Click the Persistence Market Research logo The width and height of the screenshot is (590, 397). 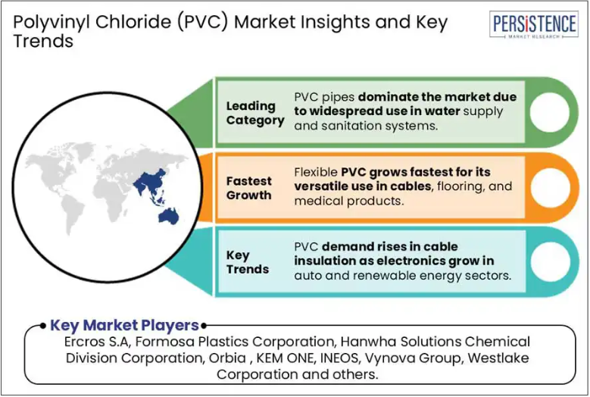[x=533, y=24]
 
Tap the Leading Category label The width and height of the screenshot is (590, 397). [x=255, y=113]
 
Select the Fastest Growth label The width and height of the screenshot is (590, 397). [x=248, y=188]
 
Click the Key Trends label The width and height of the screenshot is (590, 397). [x=248, y=262]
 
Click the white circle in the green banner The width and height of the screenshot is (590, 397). [x=550, y=113]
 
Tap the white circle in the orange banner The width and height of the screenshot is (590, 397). [x=550, y=187]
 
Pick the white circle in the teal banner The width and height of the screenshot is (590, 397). [x=550, y=261]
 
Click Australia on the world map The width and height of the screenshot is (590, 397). [x=168, y=217]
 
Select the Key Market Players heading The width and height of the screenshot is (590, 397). [x=124, y=325]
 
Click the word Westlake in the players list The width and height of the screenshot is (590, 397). [x=498, y=358]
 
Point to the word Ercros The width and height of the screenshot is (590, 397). [x=84, y=342]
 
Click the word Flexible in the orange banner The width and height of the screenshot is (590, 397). [x=316, y=172]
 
